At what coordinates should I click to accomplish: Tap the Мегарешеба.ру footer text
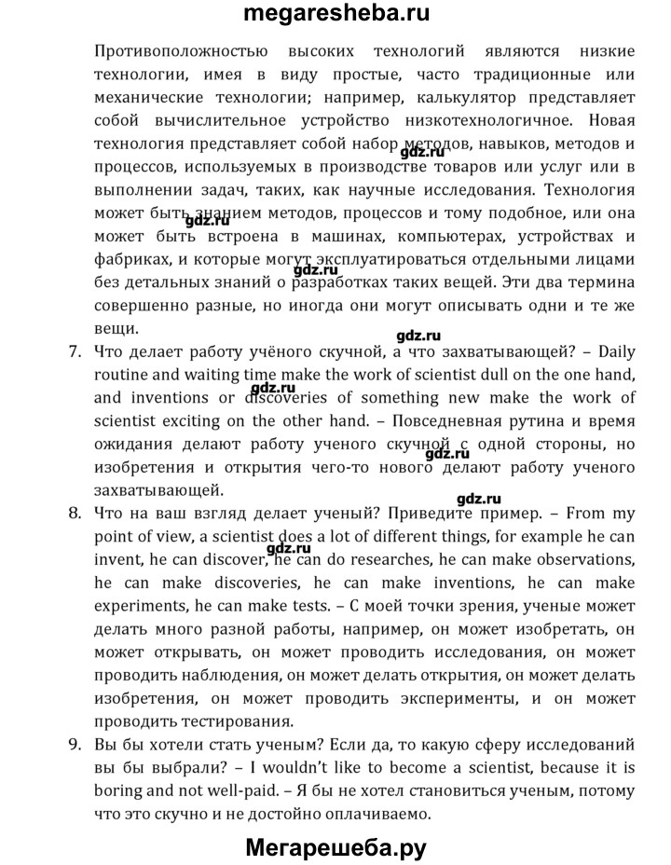tap(335, 848)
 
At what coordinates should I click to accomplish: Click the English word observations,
tap(576, 558)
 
